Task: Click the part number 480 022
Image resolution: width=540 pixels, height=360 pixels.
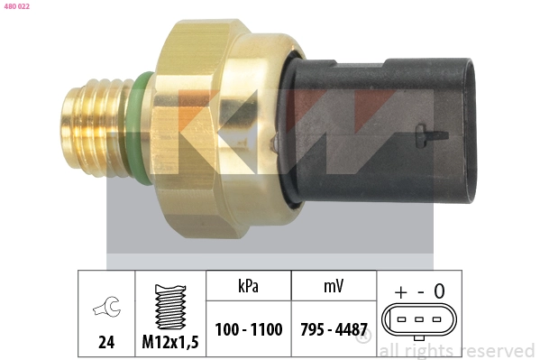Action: pos(17,6)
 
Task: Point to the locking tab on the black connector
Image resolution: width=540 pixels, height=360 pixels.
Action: pos(432,135)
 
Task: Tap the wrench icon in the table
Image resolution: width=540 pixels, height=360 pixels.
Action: pos(106,306)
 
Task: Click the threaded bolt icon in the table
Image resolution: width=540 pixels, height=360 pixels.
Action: pos(170,307)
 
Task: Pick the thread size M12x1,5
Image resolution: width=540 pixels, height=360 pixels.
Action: pos(170,342)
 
